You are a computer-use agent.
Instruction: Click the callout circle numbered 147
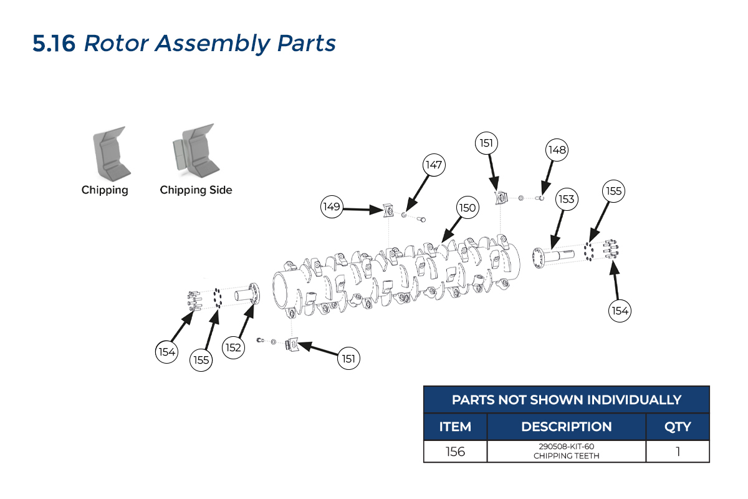pyautogui.click(x=434, y=165)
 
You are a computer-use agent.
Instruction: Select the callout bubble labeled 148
pyautogui.click(x=557, y=150)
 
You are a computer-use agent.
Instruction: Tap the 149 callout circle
pyautogui.click(x=332, y=206)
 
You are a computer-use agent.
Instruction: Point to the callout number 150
pyautogui.click(x=467, y=208)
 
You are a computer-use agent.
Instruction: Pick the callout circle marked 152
pyautogui.click(x=233, y=347)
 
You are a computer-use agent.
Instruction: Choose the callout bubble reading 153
pyautogui.click(x=566, y=199)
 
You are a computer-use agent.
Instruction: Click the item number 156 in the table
pyautogui.click(x=455, y=452)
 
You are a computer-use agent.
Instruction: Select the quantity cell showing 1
pyautogui.click(x=678, y=452)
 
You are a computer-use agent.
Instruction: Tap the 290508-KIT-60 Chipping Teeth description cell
pyautogui.click(x=566, y=452)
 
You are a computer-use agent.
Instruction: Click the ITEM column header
pyautogui.click(x=455, y=427)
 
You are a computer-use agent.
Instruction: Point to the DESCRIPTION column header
pyautogui.click(x=566, y=427)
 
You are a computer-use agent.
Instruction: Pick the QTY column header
pyautogui.click(x=678, y=427)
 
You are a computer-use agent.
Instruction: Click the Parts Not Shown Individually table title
pyautogui.click(x=566, y=400)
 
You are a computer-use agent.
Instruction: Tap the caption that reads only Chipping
pyautogui.click(x=105, y=190)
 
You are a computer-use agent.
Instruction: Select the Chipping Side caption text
pyautogui.click(x=196, y=190)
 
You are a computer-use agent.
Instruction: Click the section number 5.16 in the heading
pyautogui.click(x=55, y=44)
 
